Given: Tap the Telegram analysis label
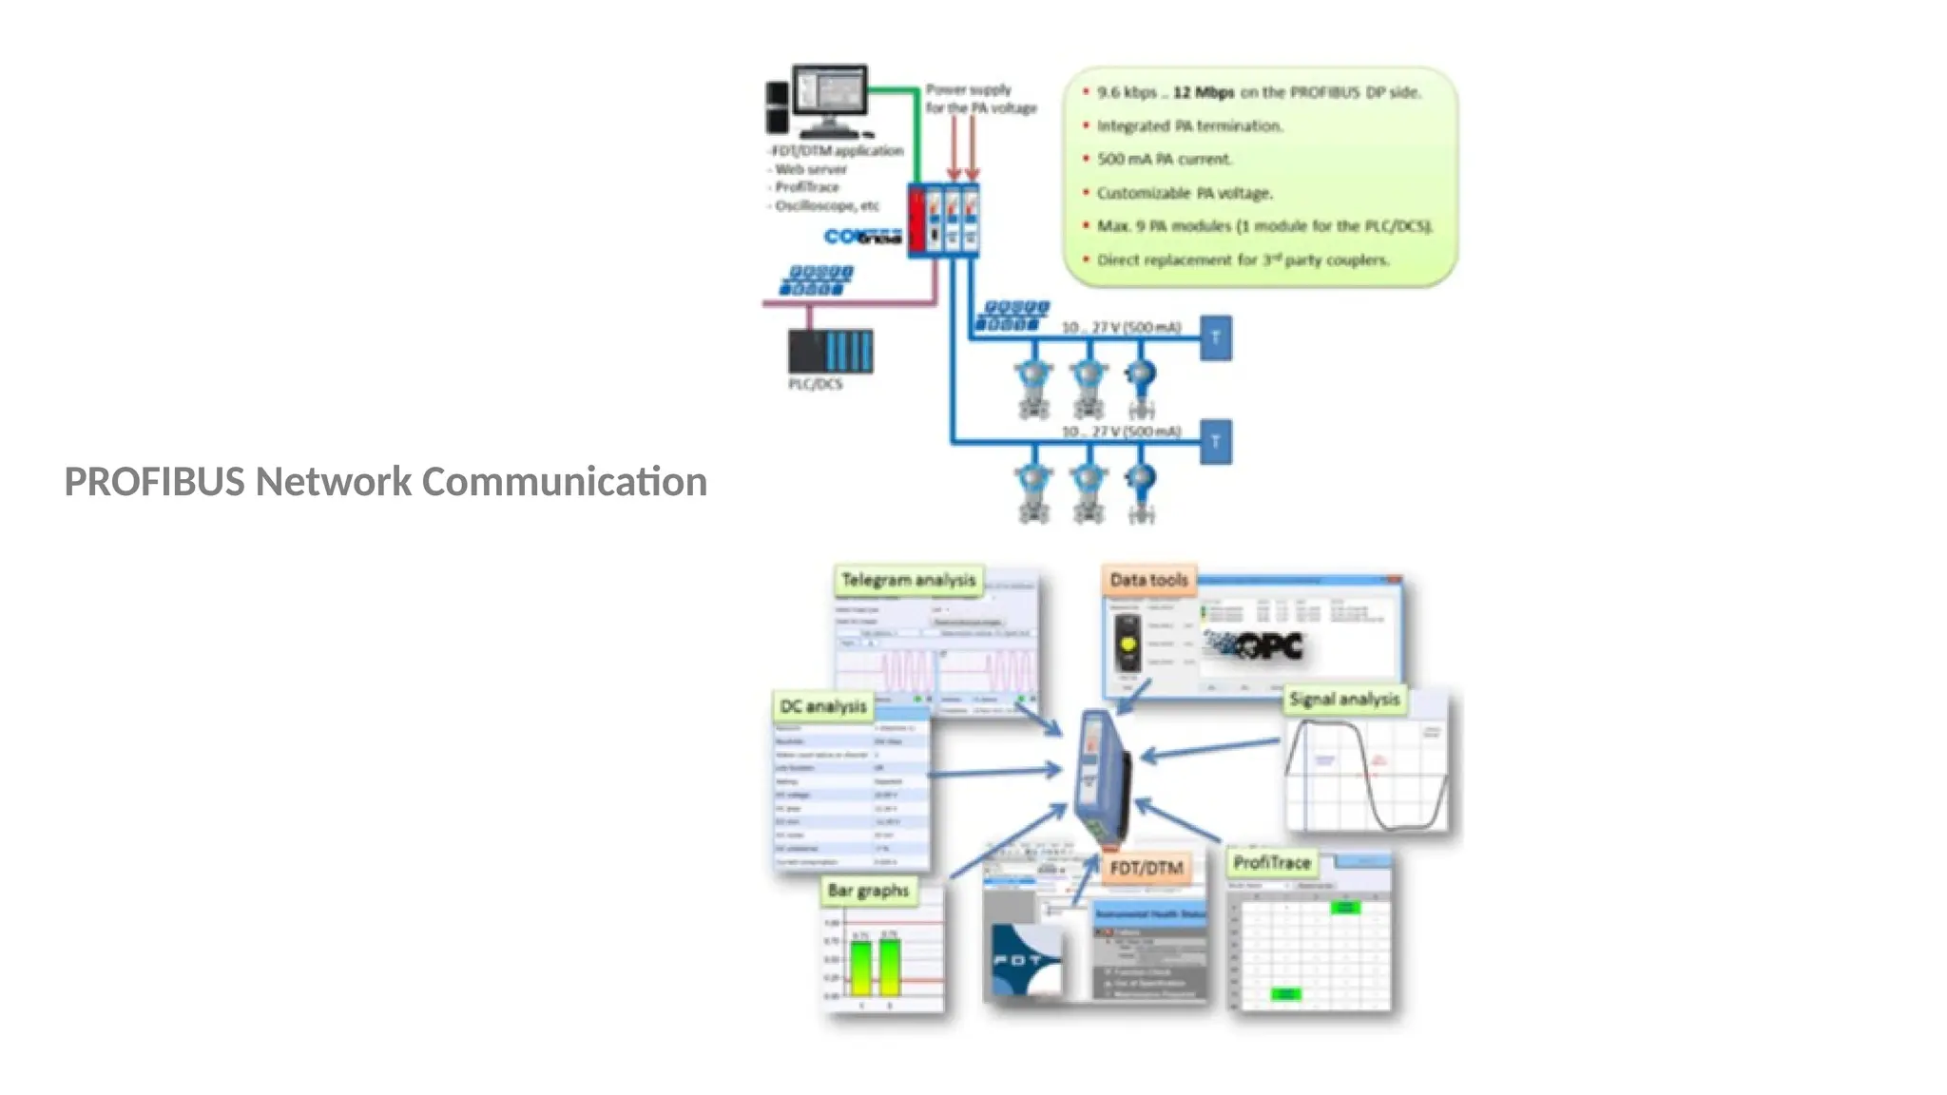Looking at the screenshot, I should (908, 580).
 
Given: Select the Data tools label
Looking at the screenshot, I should (1148, 580).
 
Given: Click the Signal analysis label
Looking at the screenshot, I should (1344, 700).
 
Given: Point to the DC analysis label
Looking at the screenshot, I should (822, 706).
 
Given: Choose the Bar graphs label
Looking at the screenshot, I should (868, 891).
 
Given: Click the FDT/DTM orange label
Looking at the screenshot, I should (1146, 868).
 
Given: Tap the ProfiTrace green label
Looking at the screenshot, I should (1271, 862).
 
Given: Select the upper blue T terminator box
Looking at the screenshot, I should (1215, 337).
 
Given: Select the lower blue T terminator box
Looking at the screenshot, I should (1215, 442).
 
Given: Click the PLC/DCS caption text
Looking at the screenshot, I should (815, 384).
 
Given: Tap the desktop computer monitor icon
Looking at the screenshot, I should (830, 92).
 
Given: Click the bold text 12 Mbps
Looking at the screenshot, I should (1203, 92).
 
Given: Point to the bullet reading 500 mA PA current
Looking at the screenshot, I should (1164, 159).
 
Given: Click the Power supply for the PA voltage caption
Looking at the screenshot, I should (980, 99).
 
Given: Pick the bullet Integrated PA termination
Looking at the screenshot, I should (1188, 125).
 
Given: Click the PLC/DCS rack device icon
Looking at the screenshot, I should (830, 351).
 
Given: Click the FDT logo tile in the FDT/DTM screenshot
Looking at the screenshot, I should (1025, 960).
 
